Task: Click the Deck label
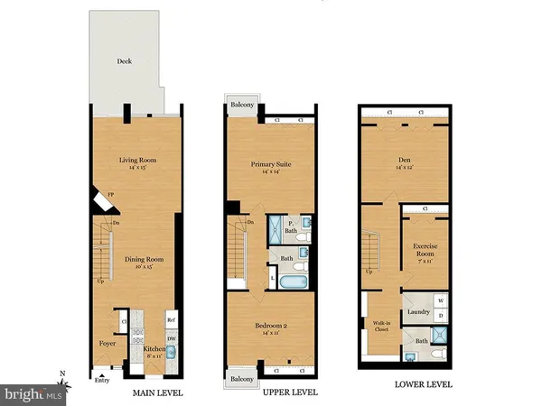(x=125, y=61)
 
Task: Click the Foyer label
(x=106, y=343)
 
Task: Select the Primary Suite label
(x=270, y=164)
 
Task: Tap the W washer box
(x=440, y=301)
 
